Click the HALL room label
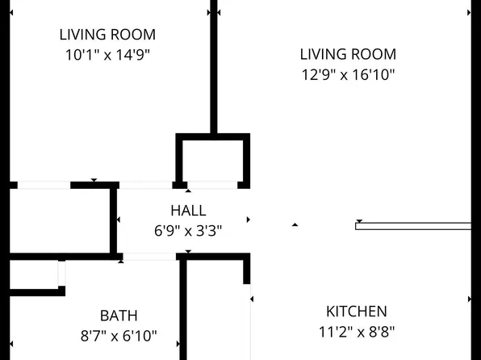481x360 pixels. [188, 211]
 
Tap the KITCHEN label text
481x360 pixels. [357, 312]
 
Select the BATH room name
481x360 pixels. [119, 316]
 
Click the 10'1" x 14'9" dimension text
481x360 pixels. [107, 55]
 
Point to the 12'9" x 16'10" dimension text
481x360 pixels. [348, 74]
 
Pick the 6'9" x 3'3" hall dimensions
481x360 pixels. [188, 231]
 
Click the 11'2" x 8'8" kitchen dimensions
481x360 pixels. [357, 332]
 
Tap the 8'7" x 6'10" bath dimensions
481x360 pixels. [119, 336]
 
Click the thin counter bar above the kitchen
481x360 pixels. [413, 226]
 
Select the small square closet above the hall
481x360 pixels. [213, 161]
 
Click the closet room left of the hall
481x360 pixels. [60, 220]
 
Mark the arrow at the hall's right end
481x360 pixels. [249, 220]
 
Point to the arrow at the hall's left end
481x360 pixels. [119, 220]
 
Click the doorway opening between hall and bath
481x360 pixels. [149, 257]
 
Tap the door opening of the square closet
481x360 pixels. [212, 185]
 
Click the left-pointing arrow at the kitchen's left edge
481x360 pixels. [252, 299]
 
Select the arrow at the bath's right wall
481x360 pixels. [178, 344]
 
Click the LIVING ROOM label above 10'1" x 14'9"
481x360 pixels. [107, 35]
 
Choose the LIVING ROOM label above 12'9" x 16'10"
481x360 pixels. [348, 54]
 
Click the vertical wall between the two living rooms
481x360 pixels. [214, 67]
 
